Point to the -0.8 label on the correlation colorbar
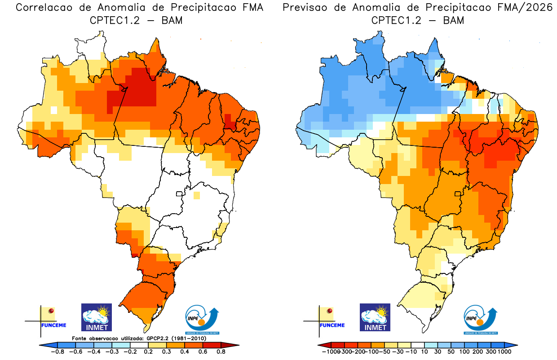pos(57,352)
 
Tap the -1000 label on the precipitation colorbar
pos(331,352)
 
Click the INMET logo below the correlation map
pos(96,317)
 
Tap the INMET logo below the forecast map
pos(375,317)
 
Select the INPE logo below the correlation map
pos(203,320)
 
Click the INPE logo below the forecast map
pos(481,320)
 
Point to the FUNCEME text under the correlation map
pos(53,325)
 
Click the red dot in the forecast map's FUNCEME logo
pos(330,311)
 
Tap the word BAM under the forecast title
pos(453,20)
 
